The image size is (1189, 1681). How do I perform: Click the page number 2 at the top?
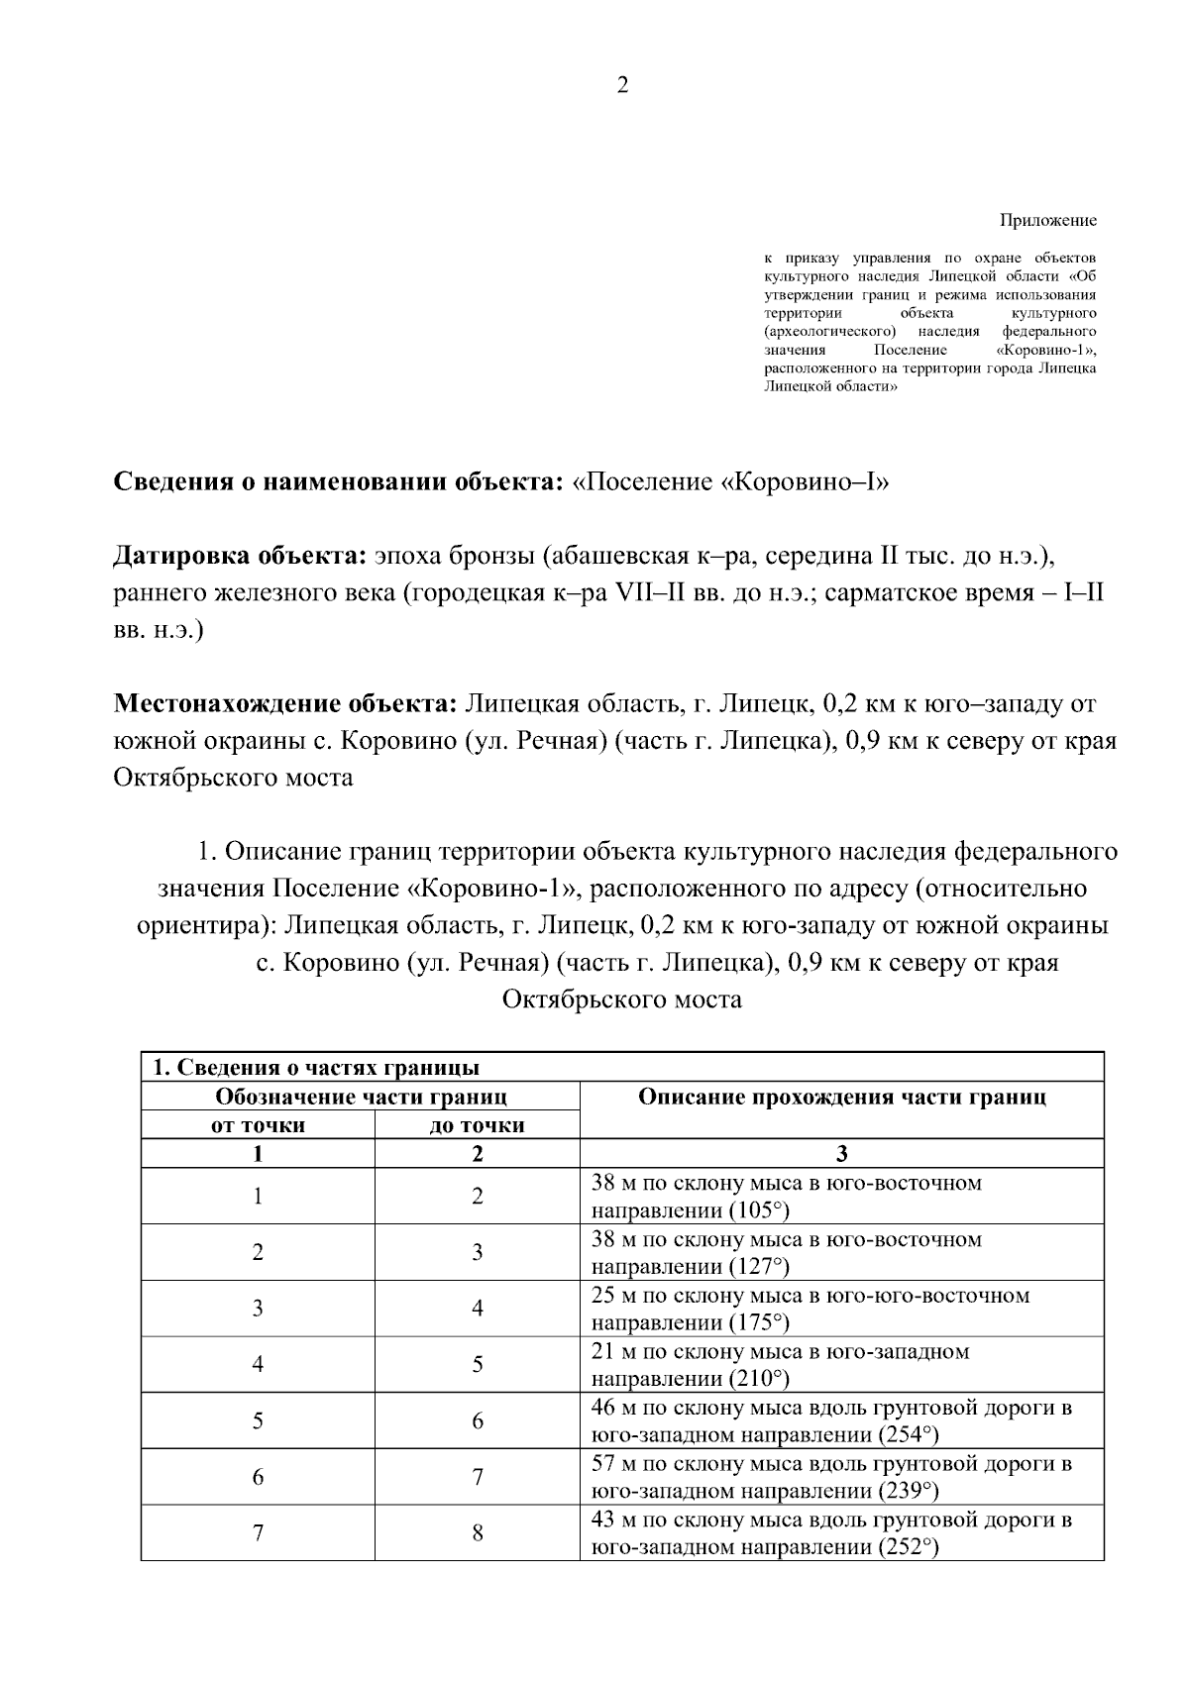[622, 85]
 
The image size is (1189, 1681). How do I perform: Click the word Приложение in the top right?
[1047, 220]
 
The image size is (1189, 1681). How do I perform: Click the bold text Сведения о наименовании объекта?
[339, 482]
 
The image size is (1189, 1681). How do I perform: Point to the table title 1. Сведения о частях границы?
[315, 1068]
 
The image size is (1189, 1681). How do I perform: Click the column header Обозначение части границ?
[361, 1097]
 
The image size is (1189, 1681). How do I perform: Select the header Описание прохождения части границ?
[841, 1097]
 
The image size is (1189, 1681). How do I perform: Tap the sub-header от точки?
[258, 1125]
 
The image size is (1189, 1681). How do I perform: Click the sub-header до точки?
[477, 1125]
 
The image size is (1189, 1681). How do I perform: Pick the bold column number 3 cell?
[841, 1153]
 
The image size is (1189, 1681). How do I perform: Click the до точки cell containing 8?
[477, 1533]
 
